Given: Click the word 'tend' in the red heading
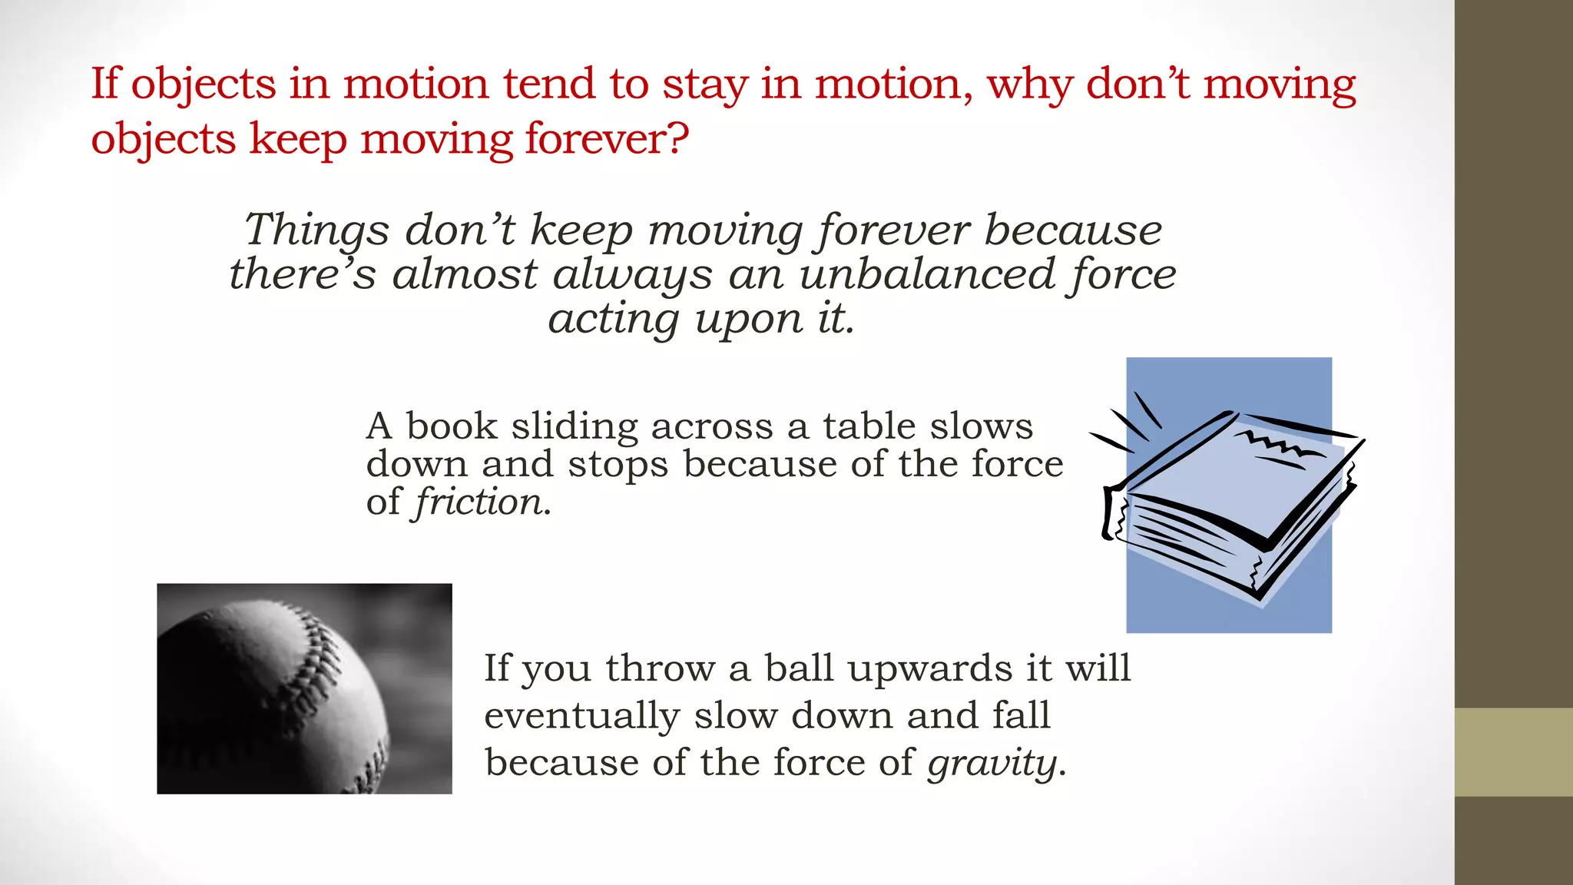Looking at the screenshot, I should tap(548, 84).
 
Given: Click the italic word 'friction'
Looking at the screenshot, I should tap(479, 502).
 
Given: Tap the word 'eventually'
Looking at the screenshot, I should tap(581, 717).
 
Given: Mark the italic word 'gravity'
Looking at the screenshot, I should tap(992, 764).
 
